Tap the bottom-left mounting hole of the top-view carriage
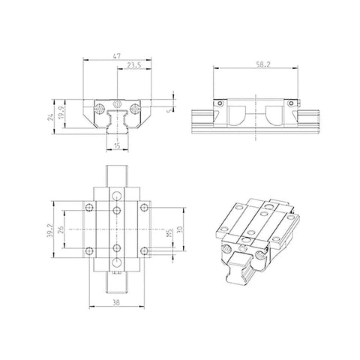(x=89, y=249)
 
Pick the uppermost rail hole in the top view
(x=117, y=195)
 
